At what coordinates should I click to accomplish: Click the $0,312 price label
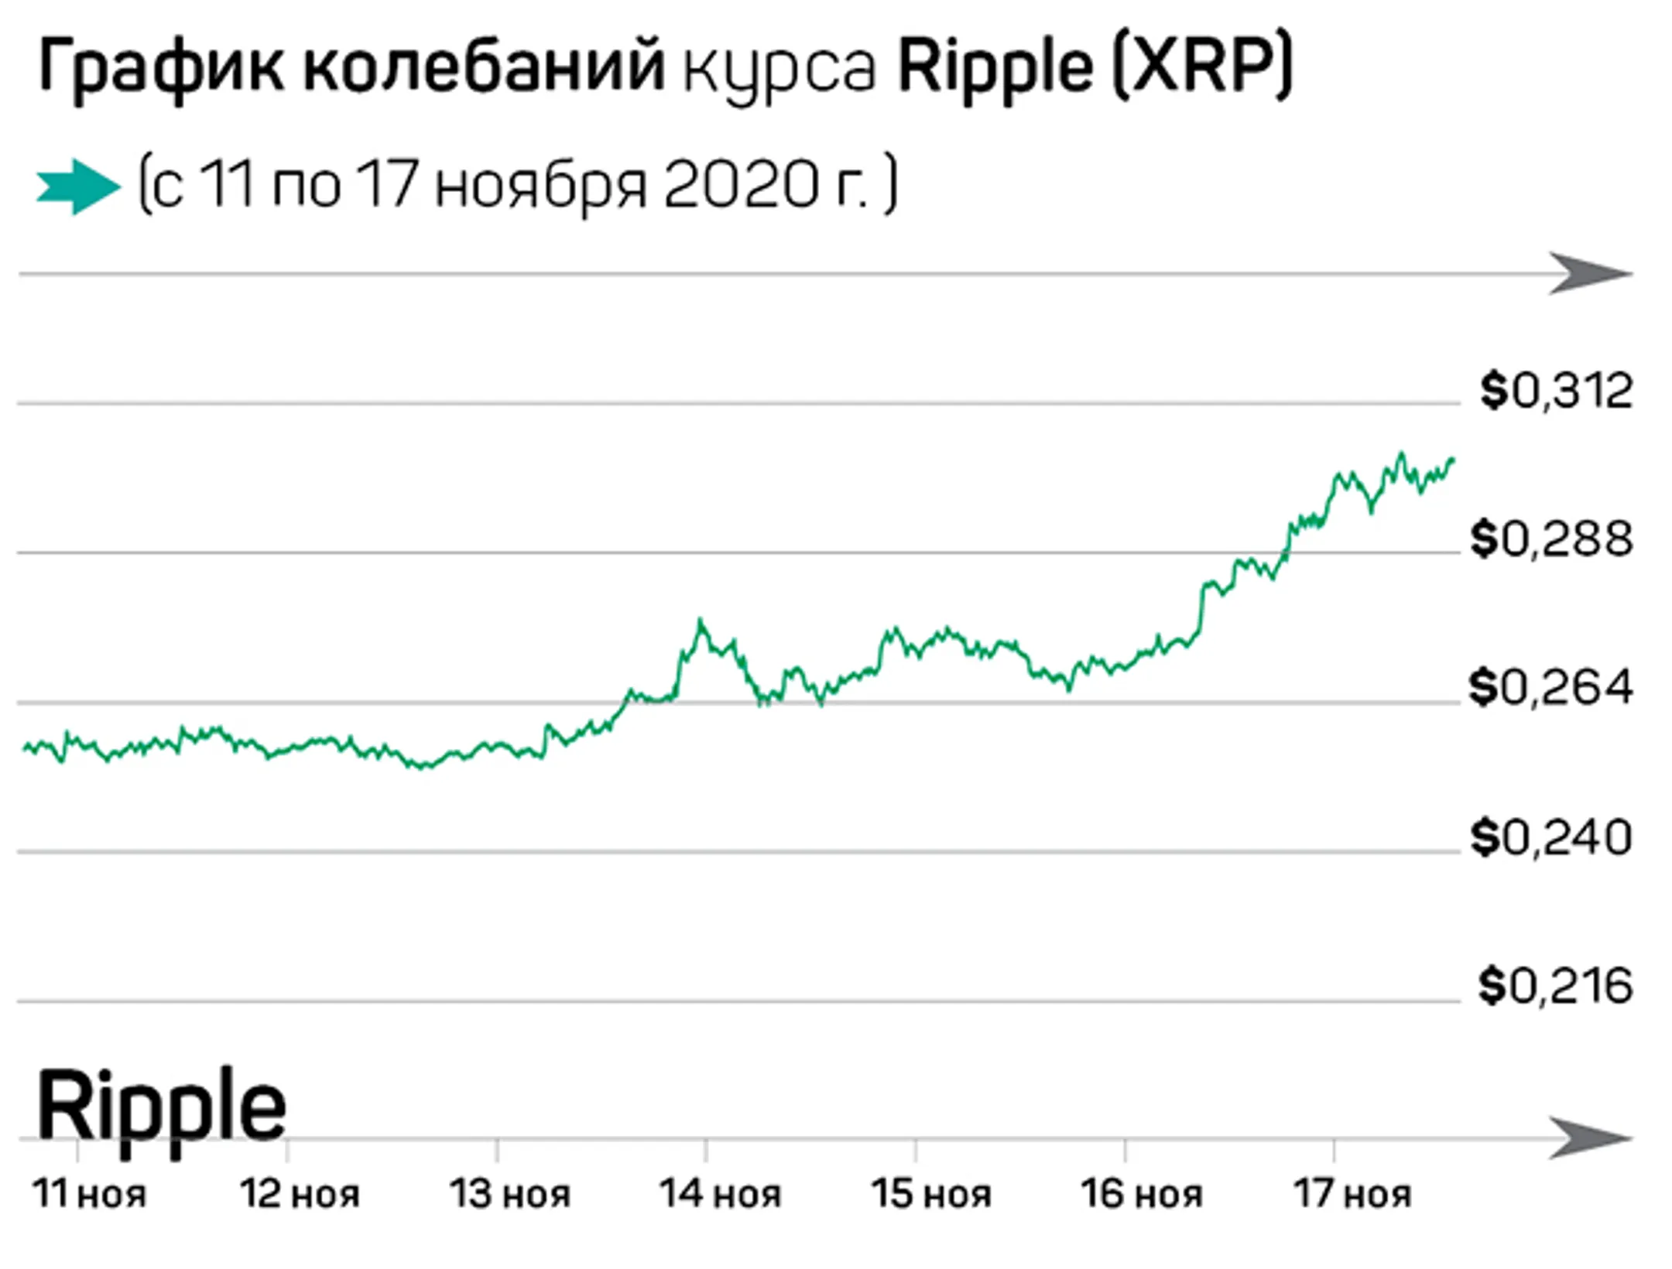click(1556, 391)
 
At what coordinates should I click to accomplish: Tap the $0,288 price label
click(1551, 539)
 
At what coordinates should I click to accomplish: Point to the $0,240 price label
click(1551, 837)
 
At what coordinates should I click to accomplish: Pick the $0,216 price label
click(1555, 986)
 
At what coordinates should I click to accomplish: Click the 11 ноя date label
click(89, 1194)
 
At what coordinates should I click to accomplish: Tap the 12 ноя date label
click(300, 1194)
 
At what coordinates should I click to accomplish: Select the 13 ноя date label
click(510, 1194)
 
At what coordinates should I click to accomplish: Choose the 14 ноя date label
click(720, 1194)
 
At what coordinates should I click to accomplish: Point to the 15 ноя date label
click(931, 1194)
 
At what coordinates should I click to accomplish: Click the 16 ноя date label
click(1142, 1194)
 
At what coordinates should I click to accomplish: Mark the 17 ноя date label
click(1352, 1194)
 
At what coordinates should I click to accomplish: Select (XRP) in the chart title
click(1202, 68)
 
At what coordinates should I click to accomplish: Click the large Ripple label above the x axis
click(161, 1106)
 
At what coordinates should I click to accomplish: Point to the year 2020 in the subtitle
click(740, 186)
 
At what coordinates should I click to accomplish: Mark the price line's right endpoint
click(1453, 460)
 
